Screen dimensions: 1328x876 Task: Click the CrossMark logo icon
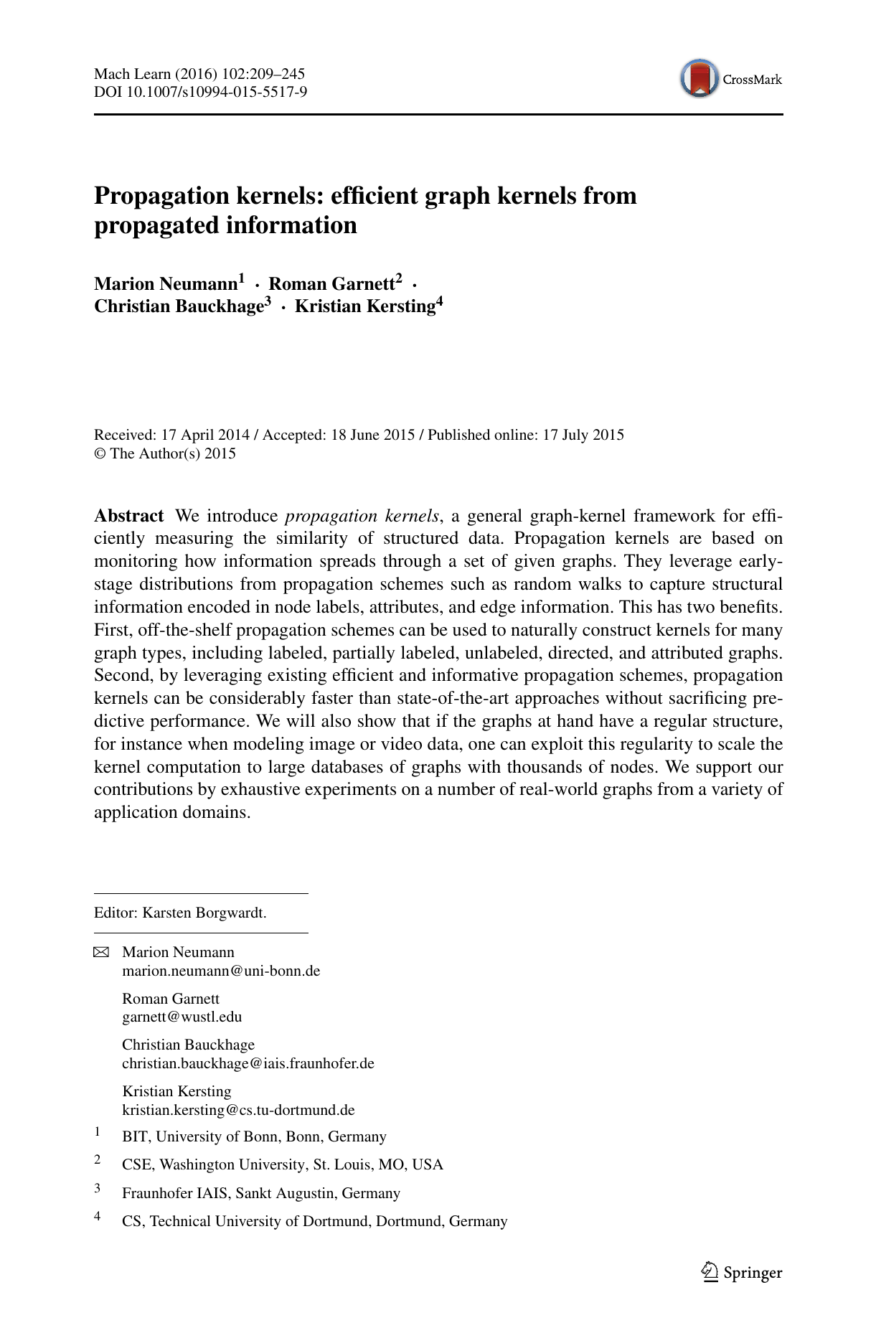(700, 79)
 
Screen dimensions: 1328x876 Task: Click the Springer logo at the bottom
(741, 1272)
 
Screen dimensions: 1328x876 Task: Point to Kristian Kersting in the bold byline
(365, 306)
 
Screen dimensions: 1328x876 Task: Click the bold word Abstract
(129, 516)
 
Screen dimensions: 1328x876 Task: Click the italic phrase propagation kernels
(362, 516)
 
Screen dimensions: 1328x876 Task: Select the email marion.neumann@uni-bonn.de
(221, 971)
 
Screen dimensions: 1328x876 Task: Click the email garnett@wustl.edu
(182, 1017)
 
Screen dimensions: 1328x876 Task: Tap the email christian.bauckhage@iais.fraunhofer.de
(248, 1063)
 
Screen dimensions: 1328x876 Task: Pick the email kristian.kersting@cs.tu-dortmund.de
(238, 1110)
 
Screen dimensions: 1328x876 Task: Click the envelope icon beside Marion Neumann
(101, 953)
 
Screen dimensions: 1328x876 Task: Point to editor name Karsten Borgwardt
(204, 913)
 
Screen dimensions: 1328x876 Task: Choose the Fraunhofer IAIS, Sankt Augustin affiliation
(260, 1193)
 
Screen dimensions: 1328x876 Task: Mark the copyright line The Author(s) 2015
(172, 453)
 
